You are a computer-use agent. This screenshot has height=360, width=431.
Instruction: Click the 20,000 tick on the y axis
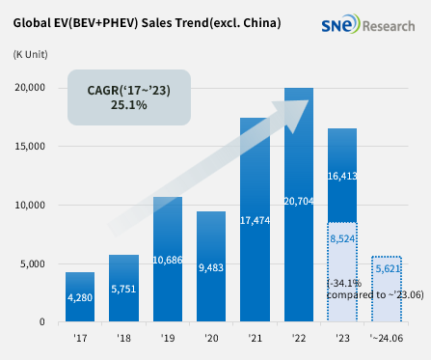pos(31,88)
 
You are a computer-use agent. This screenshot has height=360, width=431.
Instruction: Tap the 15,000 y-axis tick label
pos(31,147)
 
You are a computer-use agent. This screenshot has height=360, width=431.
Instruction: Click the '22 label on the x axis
pos(299,338)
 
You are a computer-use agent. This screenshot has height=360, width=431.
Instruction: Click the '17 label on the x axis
pos(80,338)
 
